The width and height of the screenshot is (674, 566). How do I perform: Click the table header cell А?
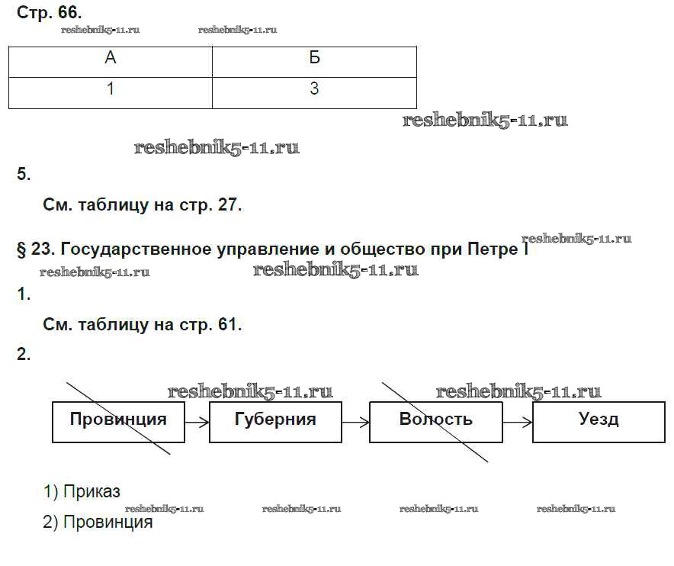pos(111,61)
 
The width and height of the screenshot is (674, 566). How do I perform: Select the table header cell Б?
pos(314,61)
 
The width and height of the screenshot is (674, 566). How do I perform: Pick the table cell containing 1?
pos(111,90)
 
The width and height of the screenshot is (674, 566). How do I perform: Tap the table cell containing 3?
pos(314,90)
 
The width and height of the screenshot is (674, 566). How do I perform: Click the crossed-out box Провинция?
pos(118,420)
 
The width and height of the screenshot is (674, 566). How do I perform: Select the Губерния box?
pos(275,420)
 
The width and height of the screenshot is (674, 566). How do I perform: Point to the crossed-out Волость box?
pos(435,420)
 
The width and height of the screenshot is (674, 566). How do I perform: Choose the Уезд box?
pos(599,420)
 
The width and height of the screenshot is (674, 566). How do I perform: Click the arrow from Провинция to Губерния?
pos(197,421)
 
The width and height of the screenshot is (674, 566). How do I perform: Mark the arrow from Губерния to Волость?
pos(355,421)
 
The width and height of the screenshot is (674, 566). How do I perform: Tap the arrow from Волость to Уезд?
pos(517,421)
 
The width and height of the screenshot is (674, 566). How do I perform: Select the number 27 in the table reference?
pos(226,205)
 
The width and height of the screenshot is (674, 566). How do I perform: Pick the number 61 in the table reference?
pos(226,325)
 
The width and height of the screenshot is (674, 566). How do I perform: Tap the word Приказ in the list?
pos(92,493)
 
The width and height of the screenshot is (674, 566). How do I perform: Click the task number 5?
pos(24,175)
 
